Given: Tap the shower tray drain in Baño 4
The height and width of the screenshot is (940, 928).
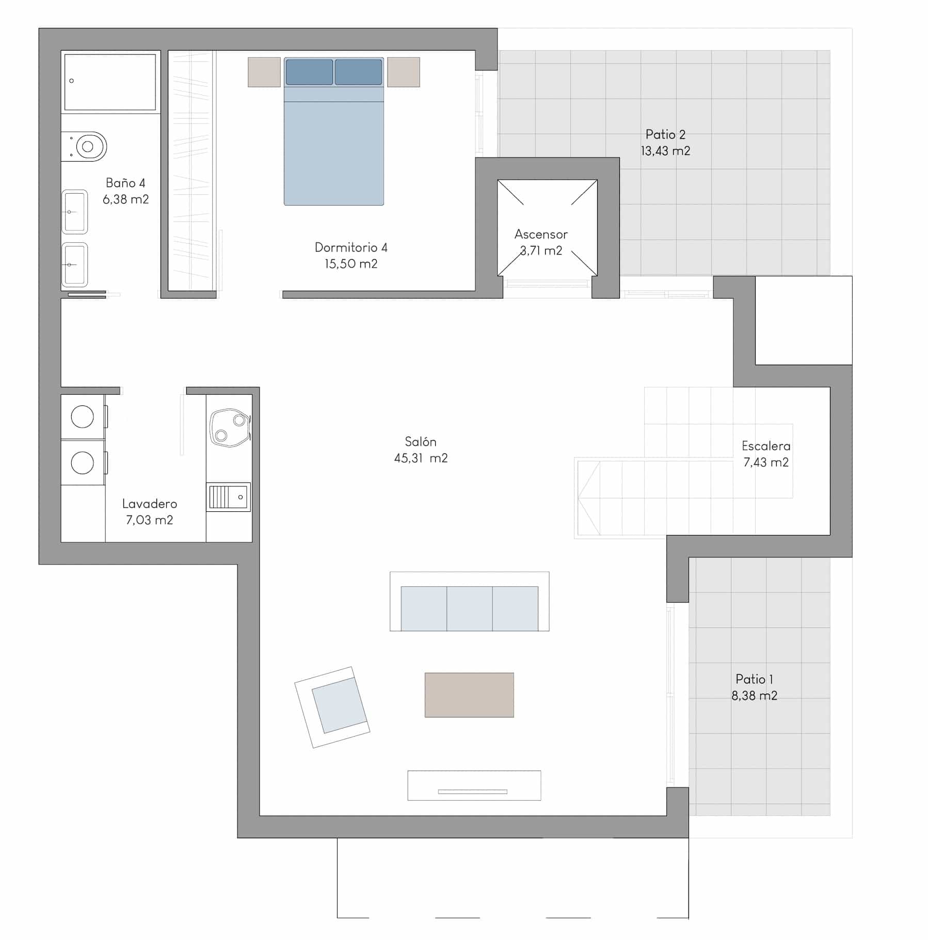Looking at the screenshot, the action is click(x=72, y=81).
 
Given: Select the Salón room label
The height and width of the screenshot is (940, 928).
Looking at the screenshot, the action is click(x=421, y=442).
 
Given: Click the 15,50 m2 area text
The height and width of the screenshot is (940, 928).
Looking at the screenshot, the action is click(x=351, y=264).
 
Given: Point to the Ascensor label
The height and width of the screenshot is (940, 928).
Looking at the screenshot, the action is click(x=541, y=234).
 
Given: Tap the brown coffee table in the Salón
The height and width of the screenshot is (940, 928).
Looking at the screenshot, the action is click(x=469, y=695).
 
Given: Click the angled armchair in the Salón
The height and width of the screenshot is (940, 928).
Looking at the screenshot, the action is click(x=332, y=707).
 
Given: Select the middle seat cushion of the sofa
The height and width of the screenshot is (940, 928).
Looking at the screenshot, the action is click(x=469, y=608).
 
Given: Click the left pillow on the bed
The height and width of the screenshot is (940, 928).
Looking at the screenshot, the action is click(x=309, y=72).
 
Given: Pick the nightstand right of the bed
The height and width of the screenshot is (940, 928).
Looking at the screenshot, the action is click(x=404, y=72).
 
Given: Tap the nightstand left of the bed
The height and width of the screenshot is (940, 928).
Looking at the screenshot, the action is click(x=264, y=72).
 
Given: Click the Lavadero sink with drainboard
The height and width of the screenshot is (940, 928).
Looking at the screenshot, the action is click(x=229, y=497).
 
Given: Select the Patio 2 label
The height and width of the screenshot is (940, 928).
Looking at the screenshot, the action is click(x=665, y=134).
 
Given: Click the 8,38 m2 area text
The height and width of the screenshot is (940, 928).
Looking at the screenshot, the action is click(x=754, y=696).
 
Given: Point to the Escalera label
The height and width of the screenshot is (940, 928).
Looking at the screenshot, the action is click(x=766, y=446).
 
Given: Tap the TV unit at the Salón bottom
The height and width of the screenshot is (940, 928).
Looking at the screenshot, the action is click(x=474, y=785).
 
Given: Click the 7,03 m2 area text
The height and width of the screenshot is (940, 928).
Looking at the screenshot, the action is click(x=149, y=520).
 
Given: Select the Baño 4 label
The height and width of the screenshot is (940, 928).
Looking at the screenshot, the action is click(x=125, y=183).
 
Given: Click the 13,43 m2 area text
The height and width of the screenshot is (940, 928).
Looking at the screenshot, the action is click(x=665, y=151).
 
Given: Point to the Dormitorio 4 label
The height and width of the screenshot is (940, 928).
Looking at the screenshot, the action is click(x=351, y=247).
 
